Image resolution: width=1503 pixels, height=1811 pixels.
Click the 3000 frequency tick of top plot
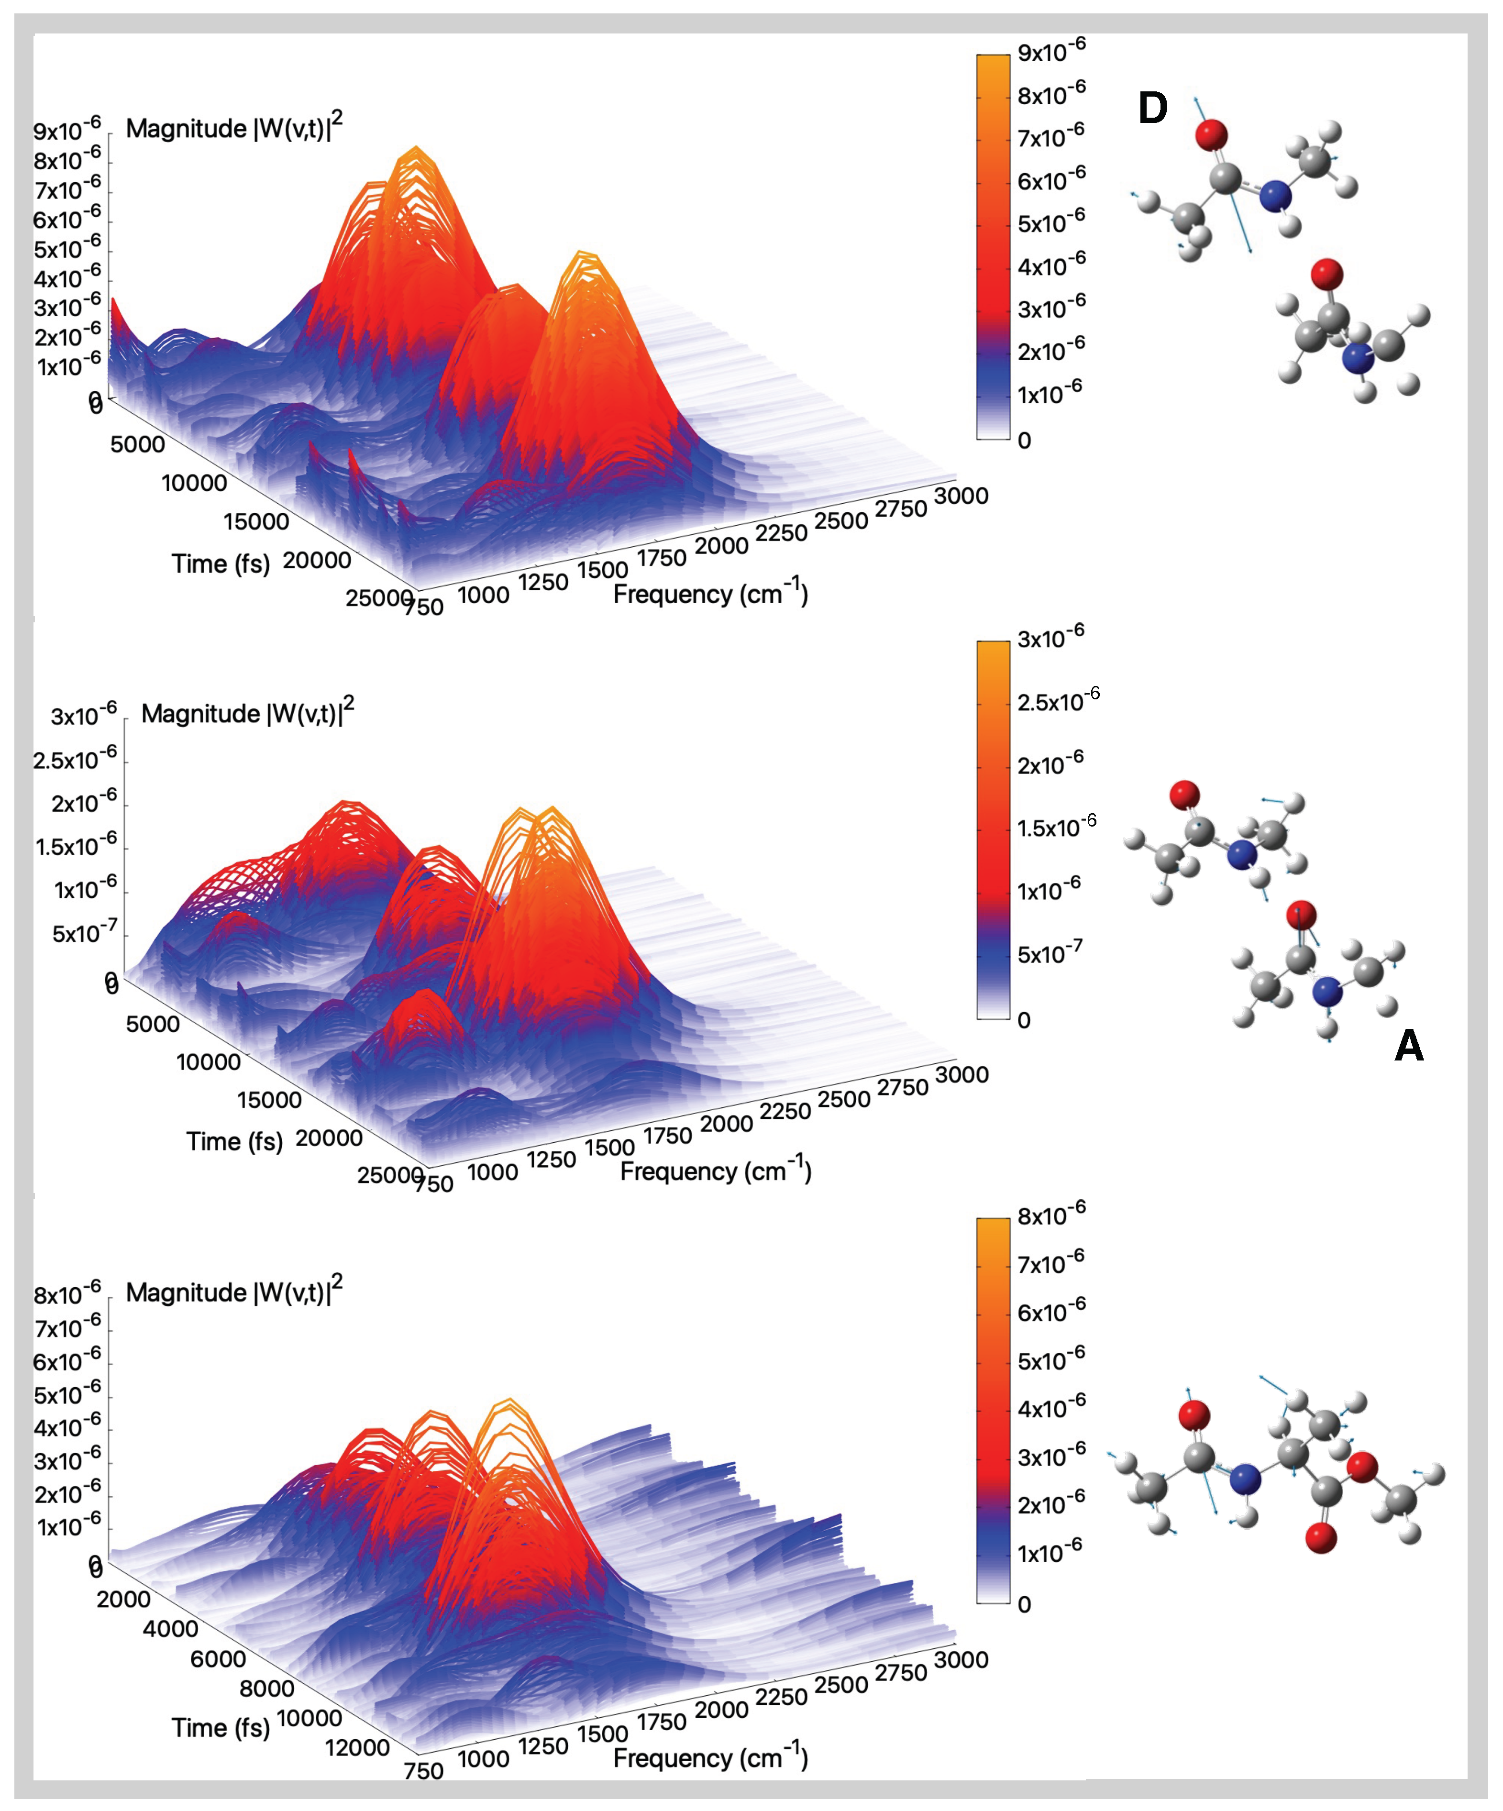(961, 496)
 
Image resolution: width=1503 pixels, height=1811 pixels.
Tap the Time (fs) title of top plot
(221, 564)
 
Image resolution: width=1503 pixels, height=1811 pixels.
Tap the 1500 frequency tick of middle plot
(609, 1148)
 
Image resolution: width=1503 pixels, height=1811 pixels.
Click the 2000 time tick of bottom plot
(123, 1599)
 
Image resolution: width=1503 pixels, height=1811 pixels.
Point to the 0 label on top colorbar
(1024, 441)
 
